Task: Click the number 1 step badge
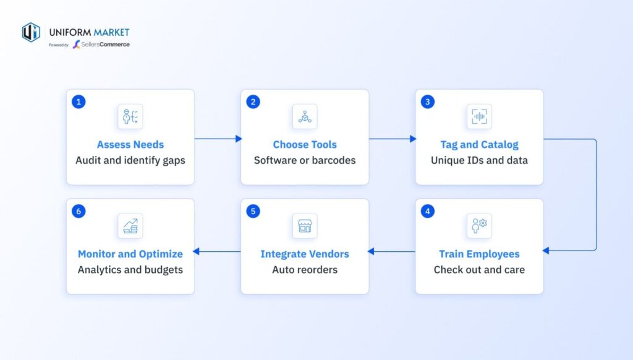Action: pyautogui.click(x=79, y=102)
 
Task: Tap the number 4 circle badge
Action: pyautogui.click(x=428, y=212)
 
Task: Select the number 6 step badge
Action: pyautogui.click(x=79, y=212)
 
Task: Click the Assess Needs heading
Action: pyautogui.click(x=130, y=145)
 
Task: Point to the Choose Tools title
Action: pyautogui.click(x=305, y=145)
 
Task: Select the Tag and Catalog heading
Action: pyautogui.click(x=479, y=145)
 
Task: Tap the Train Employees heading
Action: pyautogui.click(x=479, y=254)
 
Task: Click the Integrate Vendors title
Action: pyautogui.click(x=305, y=254)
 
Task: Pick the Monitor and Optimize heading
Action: pyautogui.click(x=130, y=254)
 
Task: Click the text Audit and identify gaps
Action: pyautogui.click(x=130, y=160)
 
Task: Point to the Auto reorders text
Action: pyautogui.click(x=305, y=270)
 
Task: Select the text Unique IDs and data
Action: pyautogui.click(x=479, y=160)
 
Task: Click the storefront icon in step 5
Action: pyautogui.click(x=305, y=226)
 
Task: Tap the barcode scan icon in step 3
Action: pyautogui.click(x=479, y=116)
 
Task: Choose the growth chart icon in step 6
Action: pyautogui.click(x=130, y=226)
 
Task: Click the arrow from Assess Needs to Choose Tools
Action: pyautogui.click(x=218, y=139)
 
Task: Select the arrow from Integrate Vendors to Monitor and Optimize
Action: pyautogui.click(x=217, y=251)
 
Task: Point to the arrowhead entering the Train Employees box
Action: pyautogui.click(x=546, y=251)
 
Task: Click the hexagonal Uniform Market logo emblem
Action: pyautogui.click(x=31, y=32)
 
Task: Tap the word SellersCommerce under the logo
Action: pyautogui.click(x=105, y=45)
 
